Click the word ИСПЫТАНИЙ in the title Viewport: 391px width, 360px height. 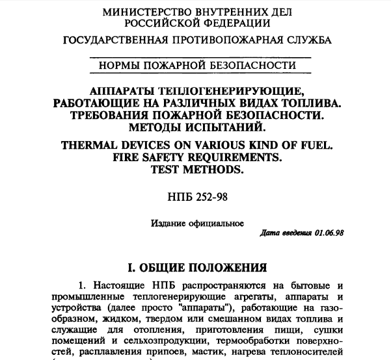(232, 127)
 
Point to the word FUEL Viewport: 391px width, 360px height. (317, 146)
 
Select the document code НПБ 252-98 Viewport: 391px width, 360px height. (196, 196)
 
